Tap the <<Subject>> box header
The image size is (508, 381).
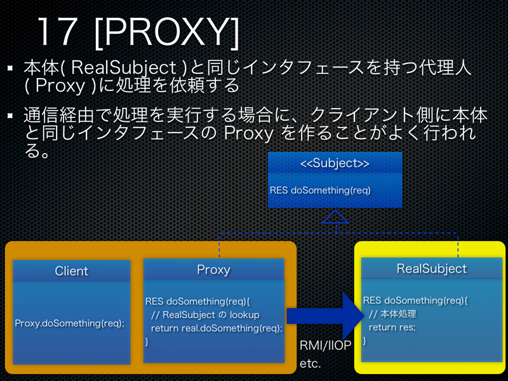335,163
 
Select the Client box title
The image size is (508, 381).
72,271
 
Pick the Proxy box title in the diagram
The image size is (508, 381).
213,269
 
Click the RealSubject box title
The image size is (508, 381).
432,269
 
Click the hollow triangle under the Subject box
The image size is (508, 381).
335,217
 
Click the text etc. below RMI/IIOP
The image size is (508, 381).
311,364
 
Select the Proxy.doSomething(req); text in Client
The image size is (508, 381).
70,323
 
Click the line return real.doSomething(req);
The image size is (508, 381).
217,328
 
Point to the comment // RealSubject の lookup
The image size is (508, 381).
206,314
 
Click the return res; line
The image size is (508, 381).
392,327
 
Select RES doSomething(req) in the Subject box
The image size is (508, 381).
320,190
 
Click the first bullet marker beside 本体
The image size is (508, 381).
11,66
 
